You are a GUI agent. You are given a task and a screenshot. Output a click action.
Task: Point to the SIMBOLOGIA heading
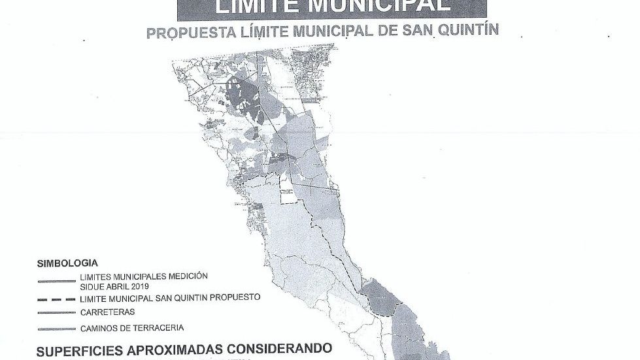tap(67, 263)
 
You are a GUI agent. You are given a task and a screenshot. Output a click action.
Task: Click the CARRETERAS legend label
tap(108, 312)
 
